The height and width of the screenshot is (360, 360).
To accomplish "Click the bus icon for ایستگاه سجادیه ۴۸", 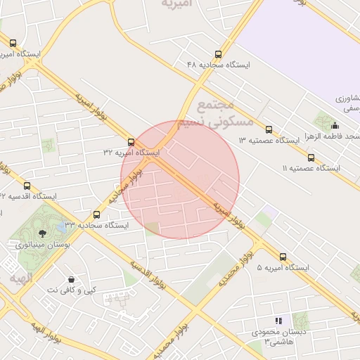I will [x=219, y=53].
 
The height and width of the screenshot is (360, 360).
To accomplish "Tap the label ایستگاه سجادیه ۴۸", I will [x=218, y=65].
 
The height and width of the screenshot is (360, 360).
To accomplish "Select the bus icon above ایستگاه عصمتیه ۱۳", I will [x=269, y=129].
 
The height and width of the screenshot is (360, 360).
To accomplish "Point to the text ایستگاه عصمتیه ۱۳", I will [x=269, y=141].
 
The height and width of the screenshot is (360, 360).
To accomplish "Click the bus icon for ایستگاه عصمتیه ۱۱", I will [x=311, y=157].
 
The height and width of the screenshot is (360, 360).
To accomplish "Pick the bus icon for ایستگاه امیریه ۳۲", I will [x=131, y=142].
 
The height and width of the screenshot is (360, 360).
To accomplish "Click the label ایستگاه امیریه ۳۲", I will [x=131, y=153].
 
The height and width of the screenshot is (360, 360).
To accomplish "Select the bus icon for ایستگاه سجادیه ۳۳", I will [x=96, y=214].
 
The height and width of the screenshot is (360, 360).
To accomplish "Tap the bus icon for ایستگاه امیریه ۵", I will [x=283, y=257].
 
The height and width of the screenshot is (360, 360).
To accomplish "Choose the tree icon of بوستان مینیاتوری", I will [x=43, y=233].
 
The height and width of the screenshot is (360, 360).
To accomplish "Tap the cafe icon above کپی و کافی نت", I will [x=71, y=279].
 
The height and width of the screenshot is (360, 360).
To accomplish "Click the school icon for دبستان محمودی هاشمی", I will [x=278, y=320].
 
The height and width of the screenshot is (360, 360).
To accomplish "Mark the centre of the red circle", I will [x=180, y=180].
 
